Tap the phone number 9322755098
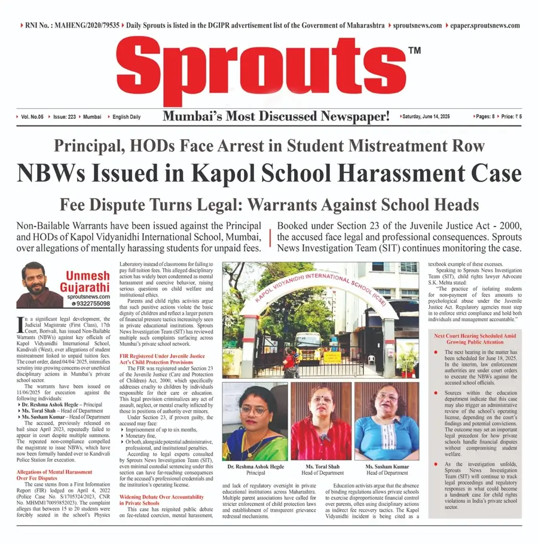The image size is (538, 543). click(91, 303)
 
